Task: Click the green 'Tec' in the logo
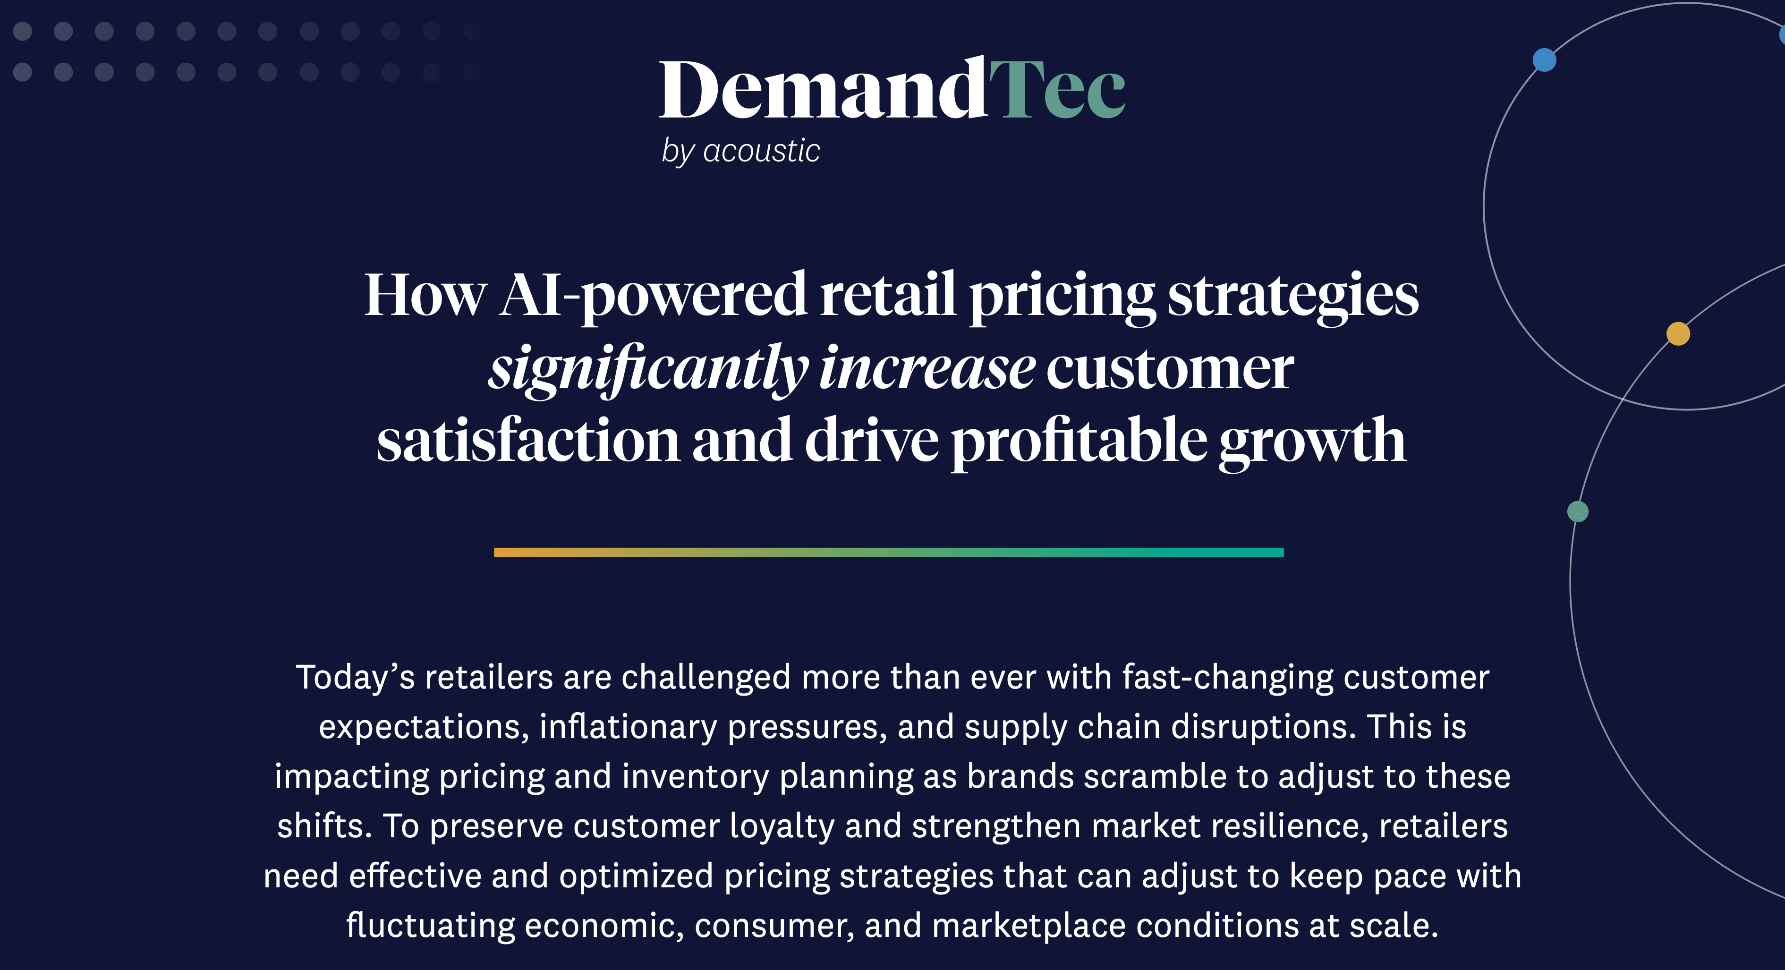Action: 1057,89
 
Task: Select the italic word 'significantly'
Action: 648,369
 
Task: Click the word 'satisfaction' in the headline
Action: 528,441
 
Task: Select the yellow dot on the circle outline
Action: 1678,333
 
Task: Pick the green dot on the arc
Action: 1578,511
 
